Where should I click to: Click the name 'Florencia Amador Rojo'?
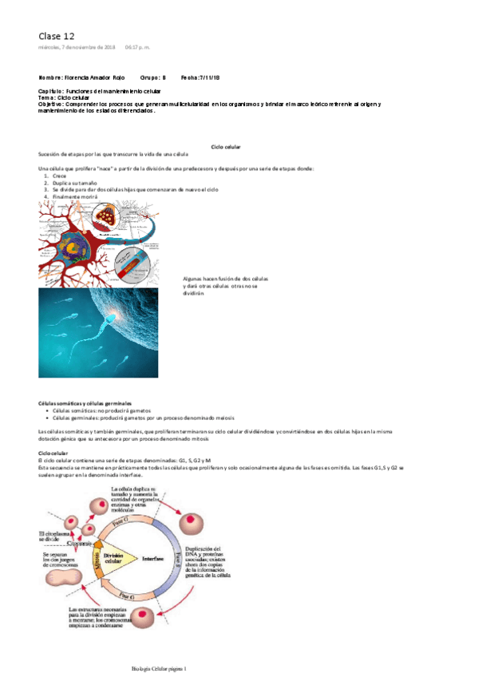[103, 77]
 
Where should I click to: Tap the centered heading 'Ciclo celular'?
[226, 148]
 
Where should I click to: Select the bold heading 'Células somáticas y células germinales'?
[85, 404]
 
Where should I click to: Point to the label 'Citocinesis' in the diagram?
[81, 544]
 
